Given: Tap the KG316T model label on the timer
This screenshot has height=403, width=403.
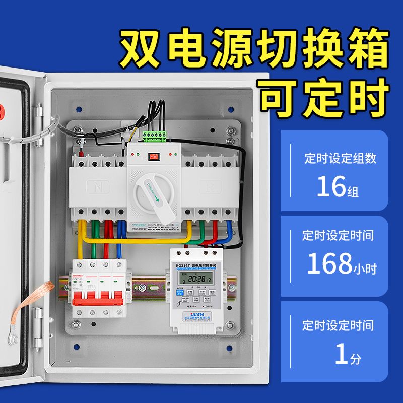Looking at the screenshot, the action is pyautogui.click(x=182, y=265).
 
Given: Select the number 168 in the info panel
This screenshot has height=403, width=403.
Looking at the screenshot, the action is pyautogui.click(x=329, y=263).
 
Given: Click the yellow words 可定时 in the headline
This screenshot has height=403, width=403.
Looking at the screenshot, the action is pyautogui.click(x=324, y=96).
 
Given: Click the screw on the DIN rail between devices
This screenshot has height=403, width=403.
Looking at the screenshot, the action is pyautogui.click(x=142, y=289).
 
